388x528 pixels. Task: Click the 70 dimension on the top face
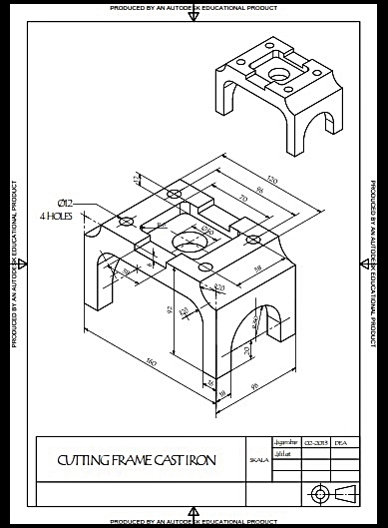point(241,201)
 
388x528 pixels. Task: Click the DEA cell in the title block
point(340,441)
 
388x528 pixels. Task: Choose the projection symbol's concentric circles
point(319,493)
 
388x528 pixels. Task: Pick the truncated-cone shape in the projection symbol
point(343,493)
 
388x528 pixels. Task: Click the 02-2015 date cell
point(316,441)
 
